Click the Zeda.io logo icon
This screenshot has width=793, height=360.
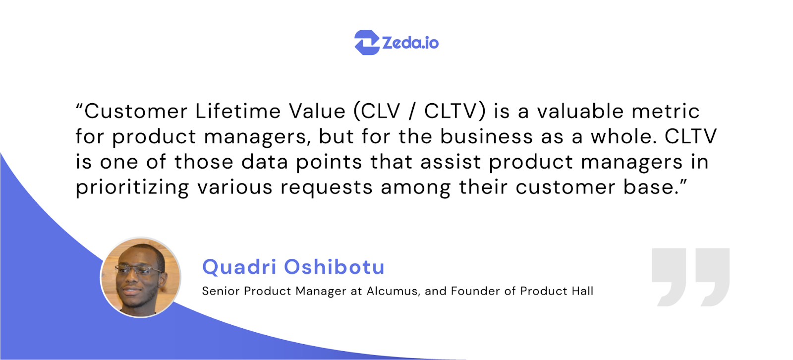[x=367, y=42]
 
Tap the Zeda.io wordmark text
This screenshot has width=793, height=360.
[x=410, y=43]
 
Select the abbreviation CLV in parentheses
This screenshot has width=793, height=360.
[x=380, y=111]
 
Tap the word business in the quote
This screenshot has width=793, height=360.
[x=486, y=136]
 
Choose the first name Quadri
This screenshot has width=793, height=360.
[x=239, y=267]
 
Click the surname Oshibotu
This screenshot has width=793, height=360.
[x=334, y=267]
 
